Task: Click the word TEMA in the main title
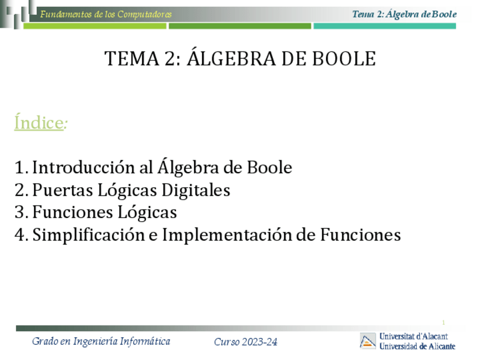point(132,58)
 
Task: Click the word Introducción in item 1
point(84,167)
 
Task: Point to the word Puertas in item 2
point(62,190)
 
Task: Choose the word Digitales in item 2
point(196,190)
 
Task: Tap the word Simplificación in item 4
point(88,235)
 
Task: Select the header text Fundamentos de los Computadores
point(106,14)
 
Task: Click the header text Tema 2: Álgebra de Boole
point(404,14)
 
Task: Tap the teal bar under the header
point(385,26)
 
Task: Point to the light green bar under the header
point(95,27)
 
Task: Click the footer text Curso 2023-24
point(246,342)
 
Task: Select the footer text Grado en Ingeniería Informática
point(101,341)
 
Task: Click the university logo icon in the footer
point(368,341)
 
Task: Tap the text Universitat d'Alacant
point(414,336)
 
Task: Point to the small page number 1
point(444,322)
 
